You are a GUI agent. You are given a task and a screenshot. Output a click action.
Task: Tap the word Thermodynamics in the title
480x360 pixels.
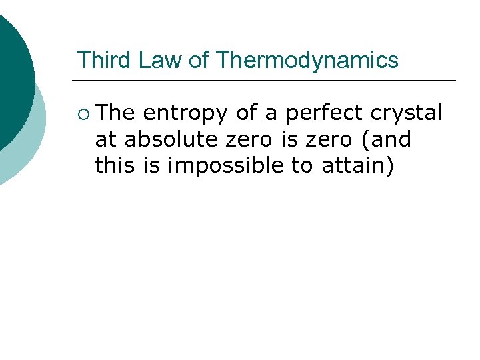pyautogui.click(x=307, y=61)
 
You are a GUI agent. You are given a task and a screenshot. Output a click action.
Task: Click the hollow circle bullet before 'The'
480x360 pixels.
pyautogui.click(x=83, y=114)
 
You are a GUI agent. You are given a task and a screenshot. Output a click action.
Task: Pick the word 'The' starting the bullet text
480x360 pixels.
pyautogui.click(x=115, y=113)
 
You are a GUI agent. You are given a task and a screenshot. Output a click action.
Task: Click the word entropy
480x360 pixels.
pyautogui.click(x=185, y=114)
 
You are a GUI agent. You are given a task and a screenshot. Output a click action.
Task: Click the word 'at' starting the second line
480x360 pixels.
pyautogui.click(x=105, y=140)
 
